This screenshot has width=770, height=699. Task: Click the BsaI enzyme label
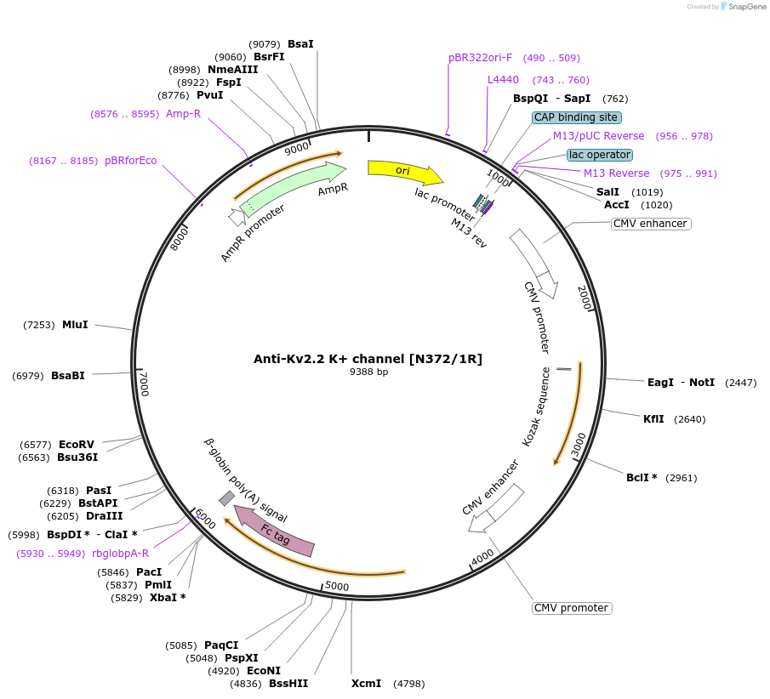(300, 43)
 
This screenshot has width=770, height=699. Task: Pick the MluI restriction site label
(75, 324)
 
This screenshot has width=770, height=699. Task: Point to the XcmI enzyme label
(367, 683)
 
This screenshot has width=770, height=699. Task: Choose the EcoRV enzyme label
(77, 444)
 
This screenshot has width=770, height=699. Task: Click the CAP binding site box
(577, 117)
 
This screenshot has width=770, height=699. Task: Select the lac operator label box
(600, 155)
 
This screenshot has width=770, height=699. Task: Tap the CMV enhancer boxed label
(650, 224)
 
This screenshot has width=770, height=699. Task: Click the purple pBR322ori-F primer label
(481, 58)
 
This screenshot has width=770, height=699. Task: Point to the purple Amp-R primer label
(183, 113)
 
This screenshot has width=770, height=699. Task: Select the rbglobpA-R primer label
(120, 553)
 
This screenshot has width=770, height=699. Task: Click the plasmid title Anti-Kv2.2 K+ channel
(368, 359)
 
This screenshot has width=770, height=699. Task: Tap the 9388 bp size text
(368, 372)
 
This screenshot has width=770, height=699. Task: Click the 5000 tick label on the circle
(337, 586)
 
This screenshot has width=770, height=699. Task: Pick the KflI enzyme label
(654, 418)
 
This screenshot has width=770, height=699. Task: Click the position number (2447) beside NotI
(740, 383)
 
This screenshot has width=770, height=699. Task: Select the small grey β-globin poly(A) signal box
(226, 497)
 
